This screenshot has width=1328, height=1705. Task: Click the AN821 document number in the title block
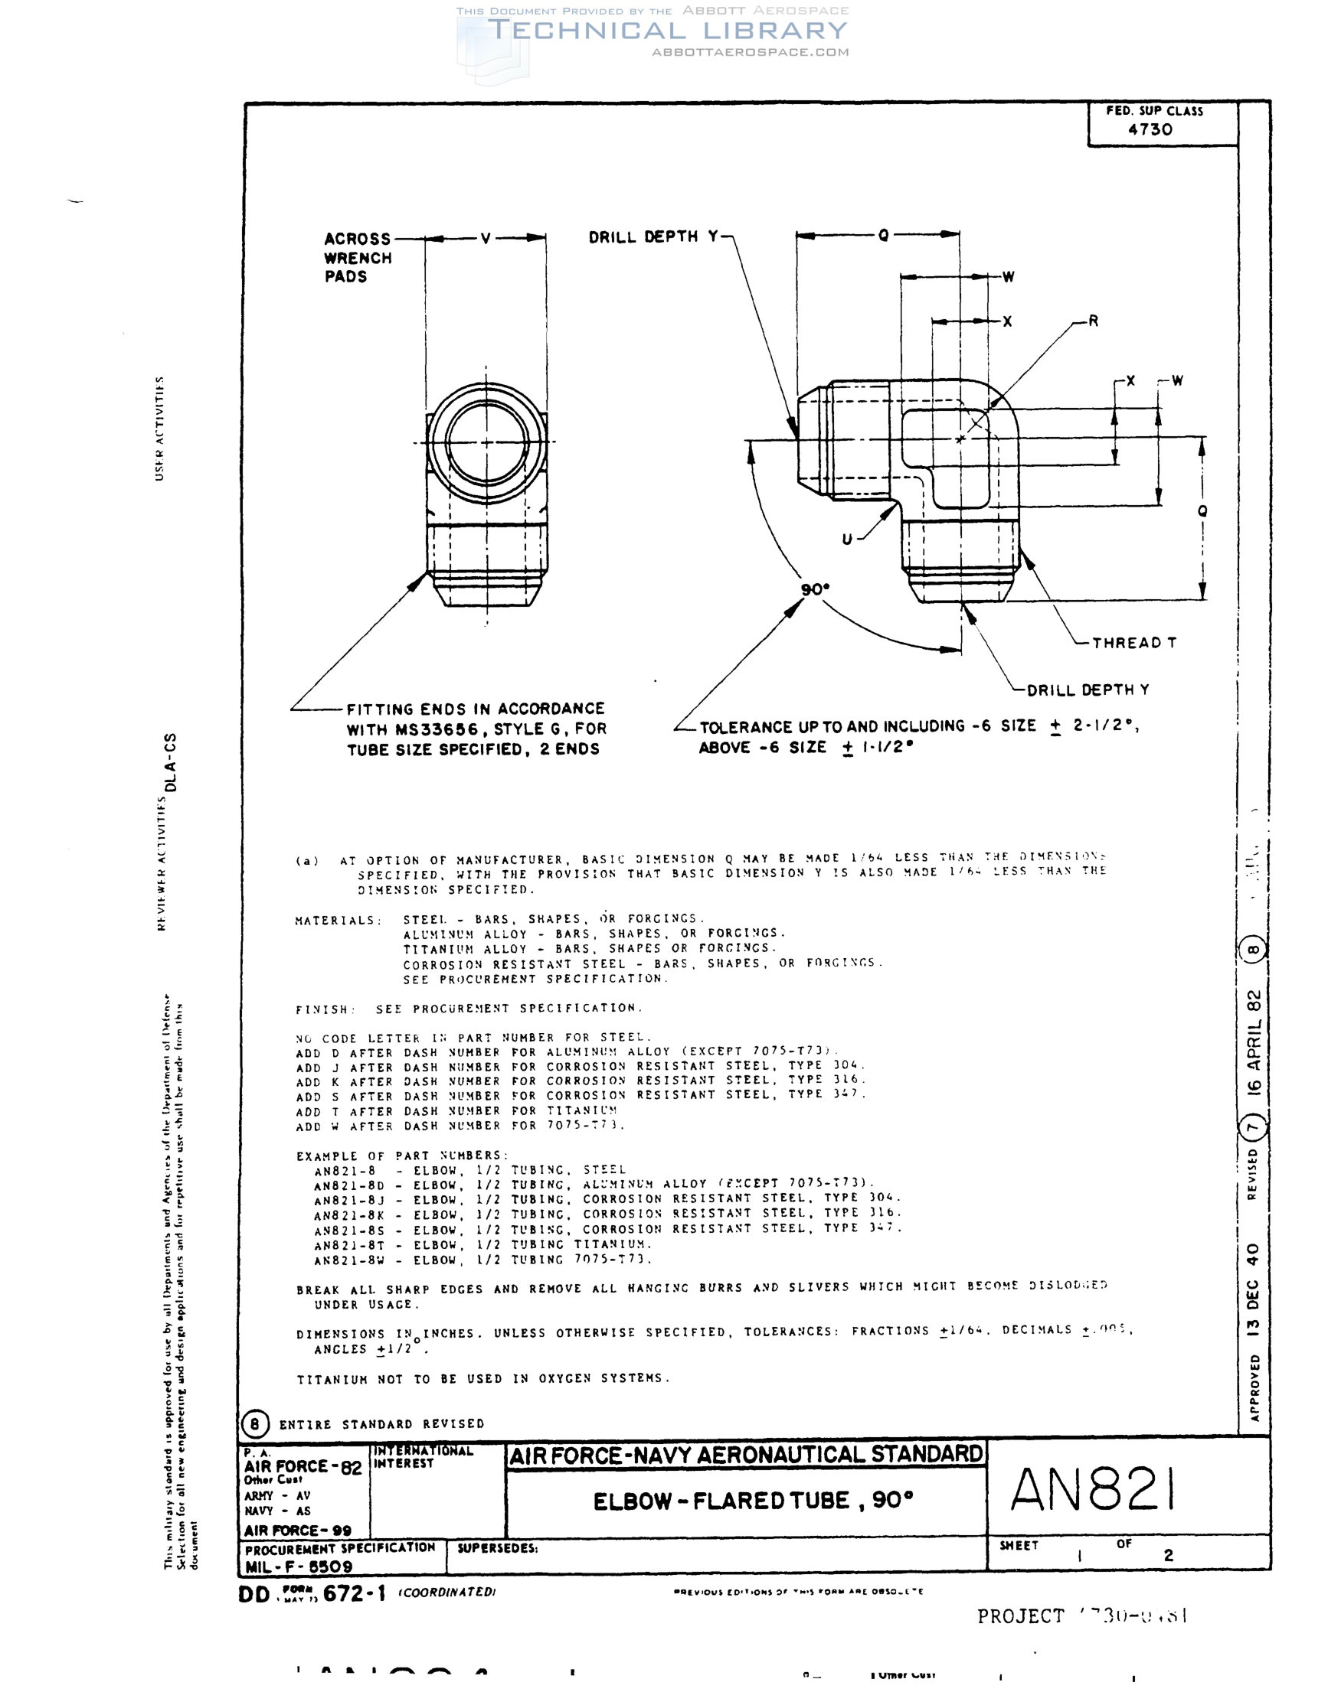coord(1092,1489)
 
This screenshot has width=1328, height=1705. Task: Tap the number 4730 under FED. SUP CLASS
coord(1150,129)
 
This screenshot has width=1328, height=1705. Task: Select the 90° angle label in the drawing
coord(815,589)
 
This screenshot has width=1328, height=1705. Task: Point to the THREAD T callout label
coord(1133,643)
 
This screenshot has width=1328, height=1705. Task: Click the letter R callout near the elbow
coord(1093,321)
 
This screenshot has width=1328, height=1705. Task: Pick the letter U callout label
coord(847,539)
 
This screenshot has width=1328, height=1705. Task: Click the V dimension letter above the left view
coord(486,238)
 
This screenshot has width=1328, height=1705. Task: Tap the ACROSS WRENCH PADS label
coord(358,258)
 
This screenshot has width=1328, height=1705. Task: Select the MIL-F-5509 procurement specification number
coord(299,1566)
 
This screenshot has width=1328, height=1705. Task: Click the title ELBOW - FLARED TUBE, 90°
coord(753,1501)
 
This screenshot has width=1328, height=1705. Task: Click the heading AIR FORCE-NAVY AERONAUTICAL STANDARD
coord(745,1455)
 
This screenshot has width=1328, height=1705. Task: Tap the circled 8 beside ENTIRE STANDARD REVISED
coord(255,1424)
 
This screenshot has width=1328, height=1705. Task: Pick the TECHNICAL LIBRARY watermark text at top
coord(668,31)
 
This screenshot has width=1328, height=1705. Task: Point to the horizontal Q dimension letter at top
coord(884,235)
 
